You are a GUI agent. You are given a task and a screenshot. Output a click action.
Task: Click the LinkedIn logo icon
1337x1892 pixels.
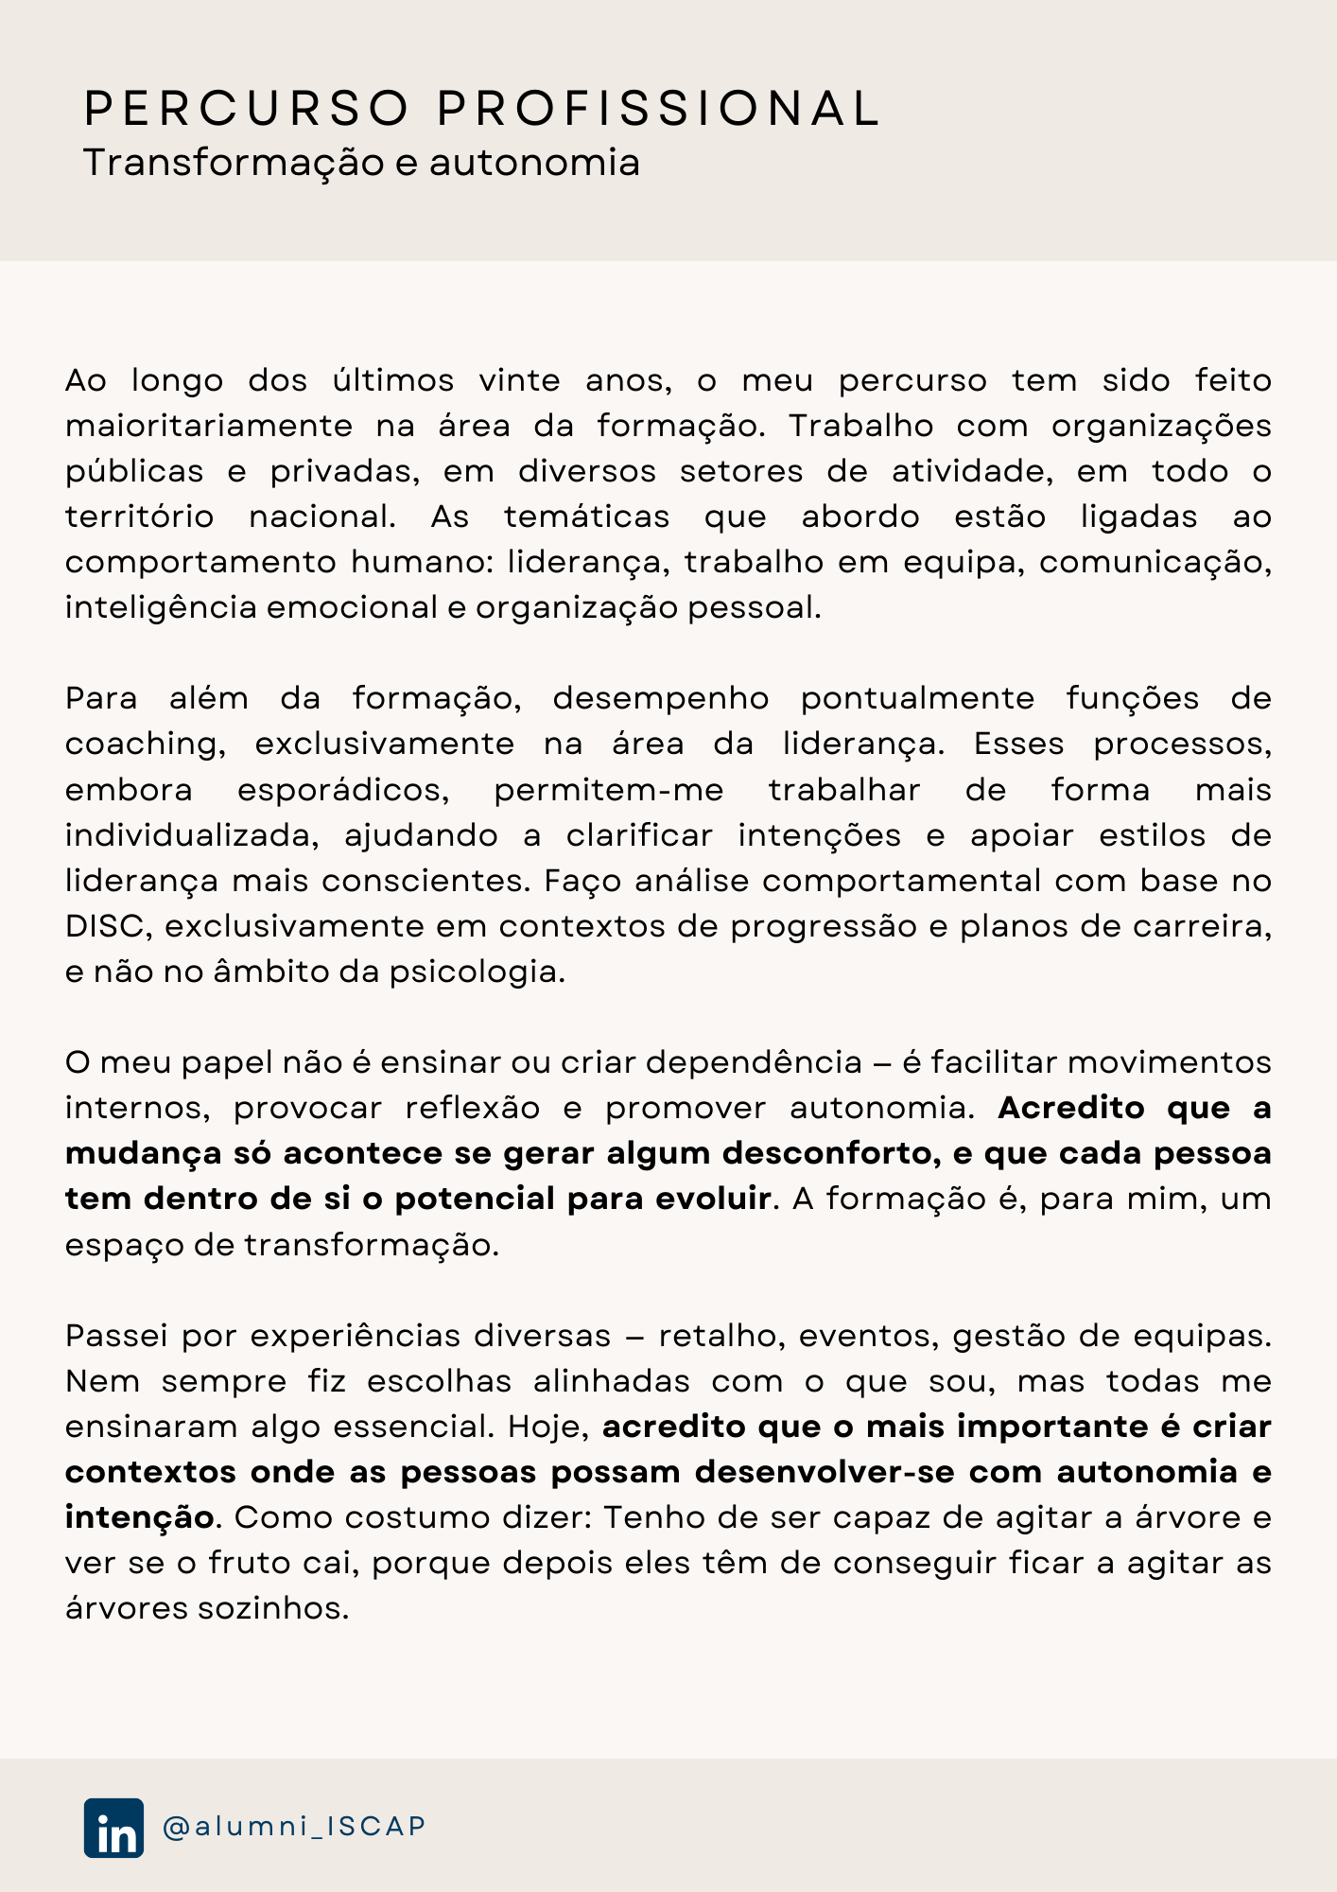113,1828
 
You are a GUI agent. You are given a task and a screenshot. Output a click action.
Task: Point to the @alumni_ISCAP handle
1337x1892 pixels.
294,1827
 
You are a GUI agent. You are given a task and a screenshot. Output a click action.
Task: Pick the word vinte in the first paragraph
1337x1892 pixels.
519,380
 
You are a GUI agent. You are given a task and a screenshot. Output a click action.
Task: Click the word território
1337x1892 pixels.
139,517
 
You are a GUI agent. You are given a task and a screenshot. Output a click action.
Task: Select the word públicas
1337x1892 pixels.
134,472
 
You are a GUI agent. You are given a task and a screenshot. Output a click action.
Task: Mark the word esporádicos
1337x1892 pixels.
343,790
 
